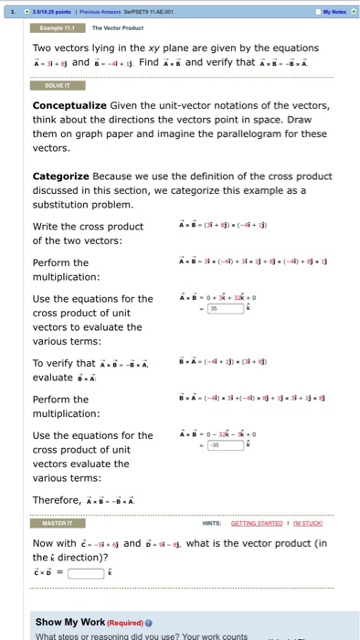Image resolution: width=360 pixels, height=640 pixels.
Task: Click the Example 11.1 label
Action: [58, 28]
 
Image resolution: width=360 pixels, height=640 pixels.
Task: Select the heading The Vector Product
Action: [119, 28]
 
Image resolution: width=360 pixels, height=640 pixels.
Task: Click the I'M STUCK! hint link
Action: [312, 523]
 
